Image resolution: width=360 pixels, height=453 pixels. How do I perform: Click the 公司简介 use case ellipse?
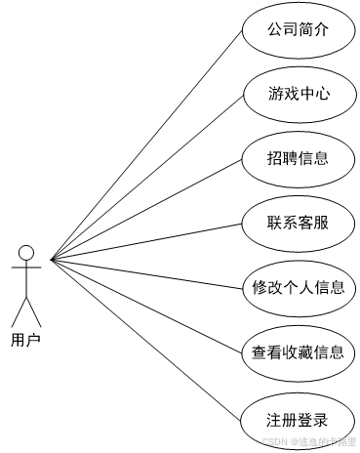point(298,29)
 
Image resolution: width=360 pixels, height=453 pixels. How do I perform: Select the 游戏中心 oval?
point(298,95)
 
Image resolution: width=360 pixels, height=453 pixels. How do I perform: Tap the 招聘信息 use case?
point(298,158)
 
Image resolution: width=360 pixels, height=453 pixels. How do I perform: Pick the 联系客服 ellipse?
point(298,223)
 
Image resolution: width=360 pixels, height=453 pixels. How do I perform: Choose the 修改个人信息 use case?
point(298,288)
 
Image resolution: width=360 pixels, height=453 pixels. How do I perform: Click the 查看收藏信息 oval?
point(298,352)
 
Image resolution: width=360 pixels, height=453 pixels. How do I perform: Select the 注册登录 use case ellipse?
point(298,421)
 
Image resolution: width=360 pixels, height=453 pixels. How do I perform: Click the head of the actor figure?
point(26,251)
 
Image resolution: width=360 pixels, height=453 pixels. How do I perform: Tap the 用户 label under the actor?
point(26,341)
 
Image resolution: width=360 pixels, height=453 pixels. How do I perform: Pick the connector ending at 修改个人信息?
point(146,274)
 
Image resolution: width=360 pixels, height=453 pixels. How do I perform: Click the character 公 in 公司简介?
point(275,29)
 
